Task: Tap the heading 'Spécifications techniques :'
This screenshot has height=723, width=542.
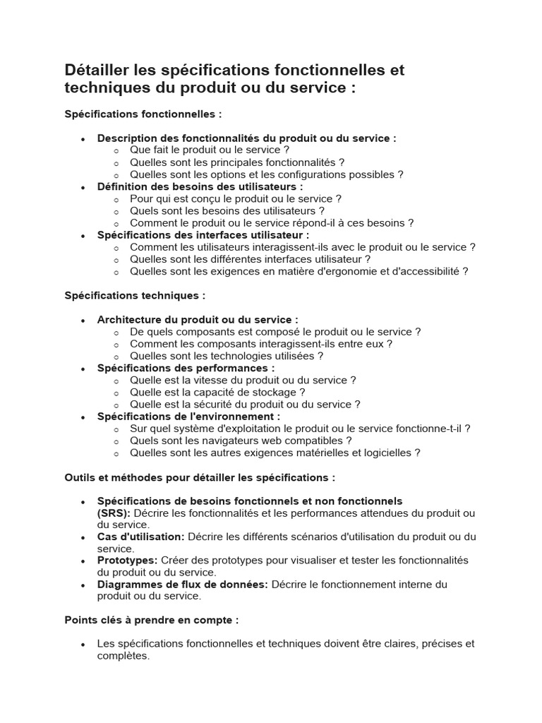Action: [135, 295]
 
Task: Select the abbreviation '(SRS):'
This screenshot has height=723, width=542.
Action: [114, 513]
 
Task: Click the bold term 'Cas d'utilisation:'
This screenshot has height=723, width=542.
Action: [140, 537]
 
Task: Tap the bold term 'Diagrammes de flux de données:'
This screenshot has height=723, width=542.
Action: [183, 585]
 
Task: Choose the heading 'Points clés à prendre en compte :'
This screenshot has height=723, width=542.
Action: [152, 620]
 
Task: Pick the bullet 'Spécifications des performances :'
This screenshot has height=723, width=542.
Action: [186, 368]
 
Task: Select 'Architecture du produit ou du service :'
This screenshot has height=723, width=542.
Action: [198, 319]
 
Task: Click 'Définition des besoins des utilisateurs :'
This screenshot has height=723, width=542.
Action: [200, 186]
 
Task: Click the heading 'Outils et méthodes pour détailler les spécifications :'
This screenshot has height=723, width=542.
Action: [200, 477]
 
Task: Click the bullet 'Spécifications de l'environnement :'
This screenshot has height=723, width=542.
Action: [188, 417]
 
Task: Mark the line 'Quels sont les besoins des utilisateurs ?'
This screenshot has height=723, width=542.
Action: [227, 210]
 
